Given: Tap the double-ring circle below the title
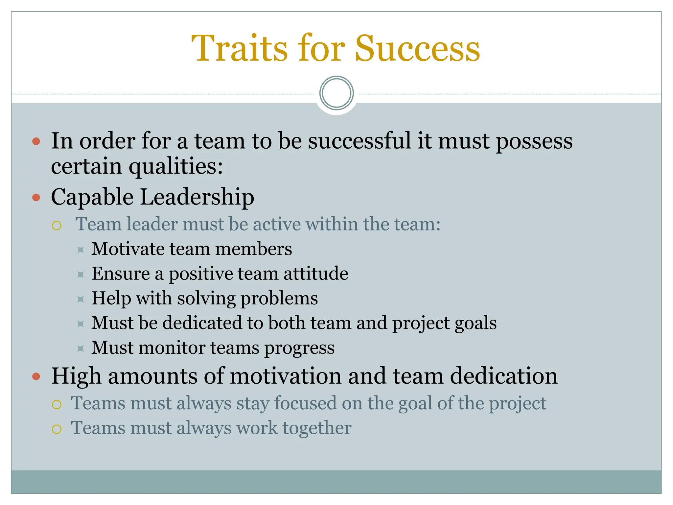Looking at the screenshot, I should pyautogui.click(x=336, y=93).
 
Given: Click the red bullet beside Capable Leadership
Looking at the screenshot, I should pyautogui.click(x=36, y=198).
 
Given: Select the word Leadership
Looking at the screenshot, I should pyautogui.click(x=197, y=197).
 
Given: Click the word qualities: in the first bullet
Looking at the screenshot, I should pyautogui.click(x=176, y=166).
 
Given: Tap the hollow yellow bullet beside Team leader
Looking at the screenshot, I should pyautogui.click(x=57, y=226).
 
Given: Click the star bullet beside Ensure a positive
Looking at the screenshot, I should pyautogui.click(x=81, y=274).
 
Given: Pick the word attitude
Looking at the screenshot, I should pyautogui.click(x=315, y=274).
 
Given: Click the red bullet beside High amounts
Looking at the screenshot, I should pyautogui.click(x=36, y=376).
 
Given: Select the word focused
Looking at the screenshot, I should pyautogui.click(x=305, y=403).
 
